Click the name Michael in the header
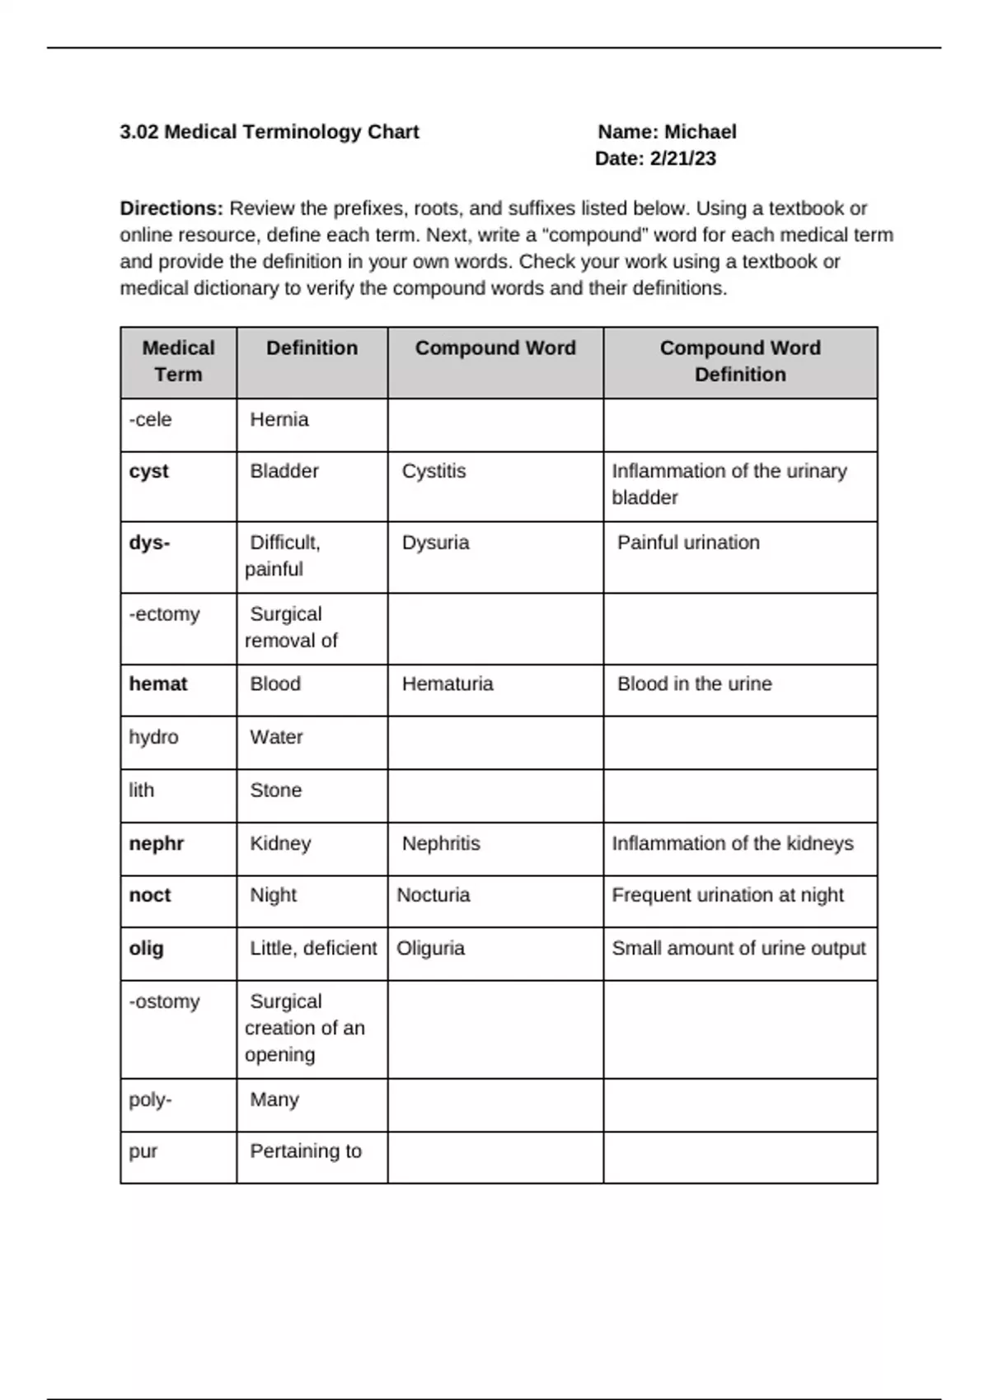(700, 132)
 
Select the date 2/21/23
(682, 159)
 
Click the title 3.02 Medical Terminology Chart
(270, 132)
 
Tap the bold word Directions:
(171, 208)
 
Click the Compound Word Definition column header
(739, 361)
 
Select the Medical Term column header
(178, 361)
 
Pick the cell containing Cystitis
(434, 471)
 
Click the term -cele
(150, 419)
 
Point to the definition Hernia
(279, 419)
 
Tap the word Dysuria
(435, 543)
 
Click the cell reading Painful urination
(688, 543)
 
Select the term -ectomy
(164, 614)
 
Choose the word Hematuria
(448, 684)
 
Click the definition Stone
(275, 791)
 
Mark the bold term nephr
(156, 843)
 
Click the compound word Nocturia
(433, 895)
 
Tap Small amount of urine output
(738, 949)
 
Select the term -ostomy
(164, 1001)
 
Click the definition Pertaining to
(305, 1151)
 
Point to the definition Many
(274, 1099)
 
